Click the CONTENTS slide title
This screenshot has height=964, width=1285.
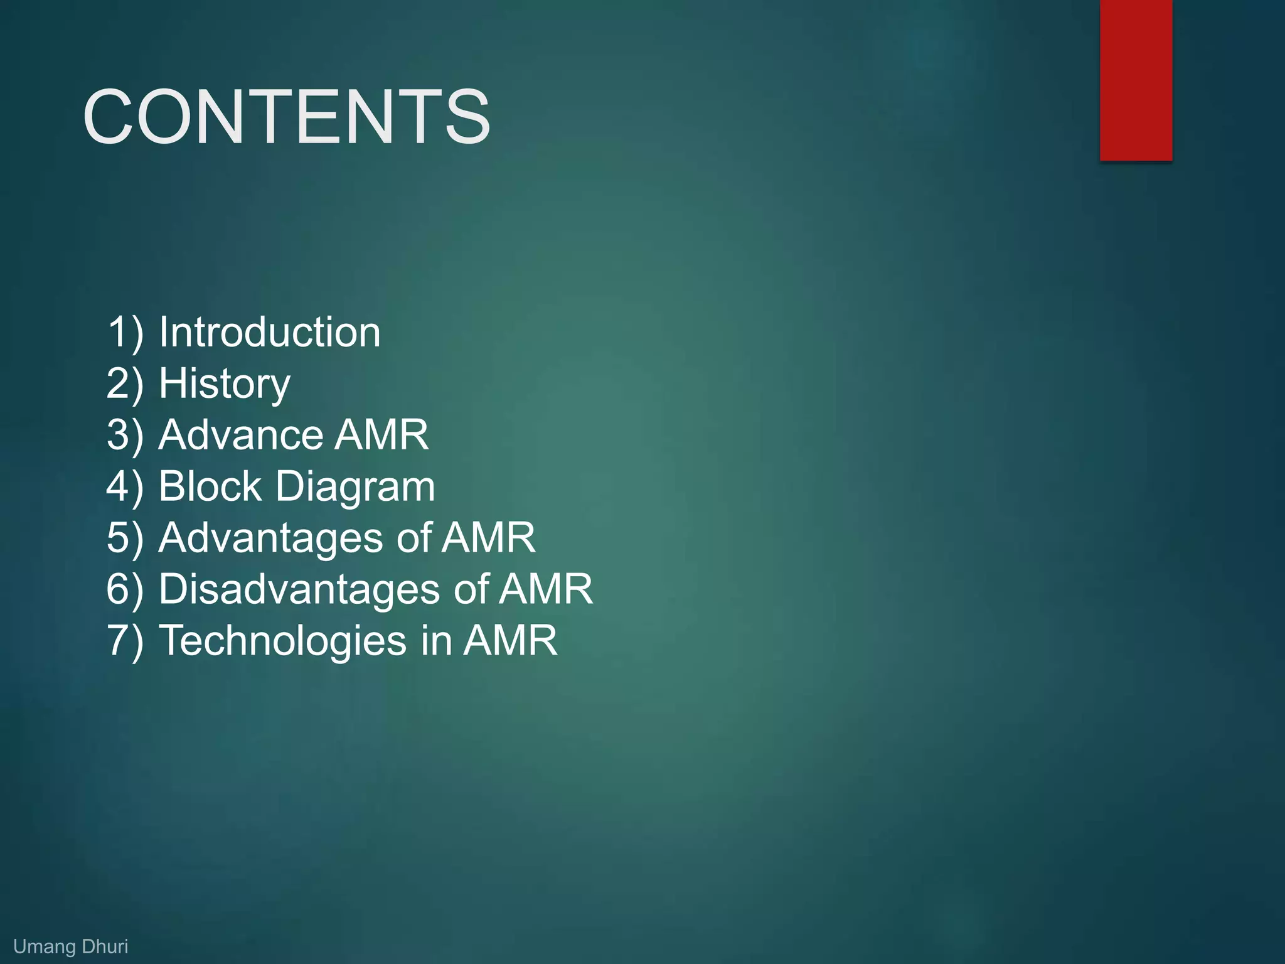[x=286, y=117]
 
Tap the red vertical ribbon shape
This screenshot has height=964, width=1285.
[x=1136, y=80]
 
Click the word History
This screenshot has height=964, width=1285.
[x=224, y=383]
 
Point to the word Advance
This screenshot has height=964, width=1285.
[x=240, y=434]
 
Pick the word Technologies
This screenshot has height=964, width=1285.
[x=283, y=640]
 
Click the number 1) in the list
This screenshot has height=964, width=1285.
[x=125, y=332]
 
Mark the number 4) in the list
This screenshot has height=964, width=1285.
[x=125, y=486]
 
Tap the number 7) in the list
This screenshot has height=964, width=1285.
[x=125, y=641]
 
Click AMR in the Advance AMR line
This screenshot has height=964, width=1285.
[x=381, y=434]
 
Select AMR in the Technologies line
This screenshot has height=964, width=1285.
[x=510, y=640]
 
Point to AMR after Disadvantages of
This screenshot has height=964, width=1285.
[x=545, y=589]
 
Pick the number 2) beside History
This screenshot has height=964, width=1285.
[x=125, y=383]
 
